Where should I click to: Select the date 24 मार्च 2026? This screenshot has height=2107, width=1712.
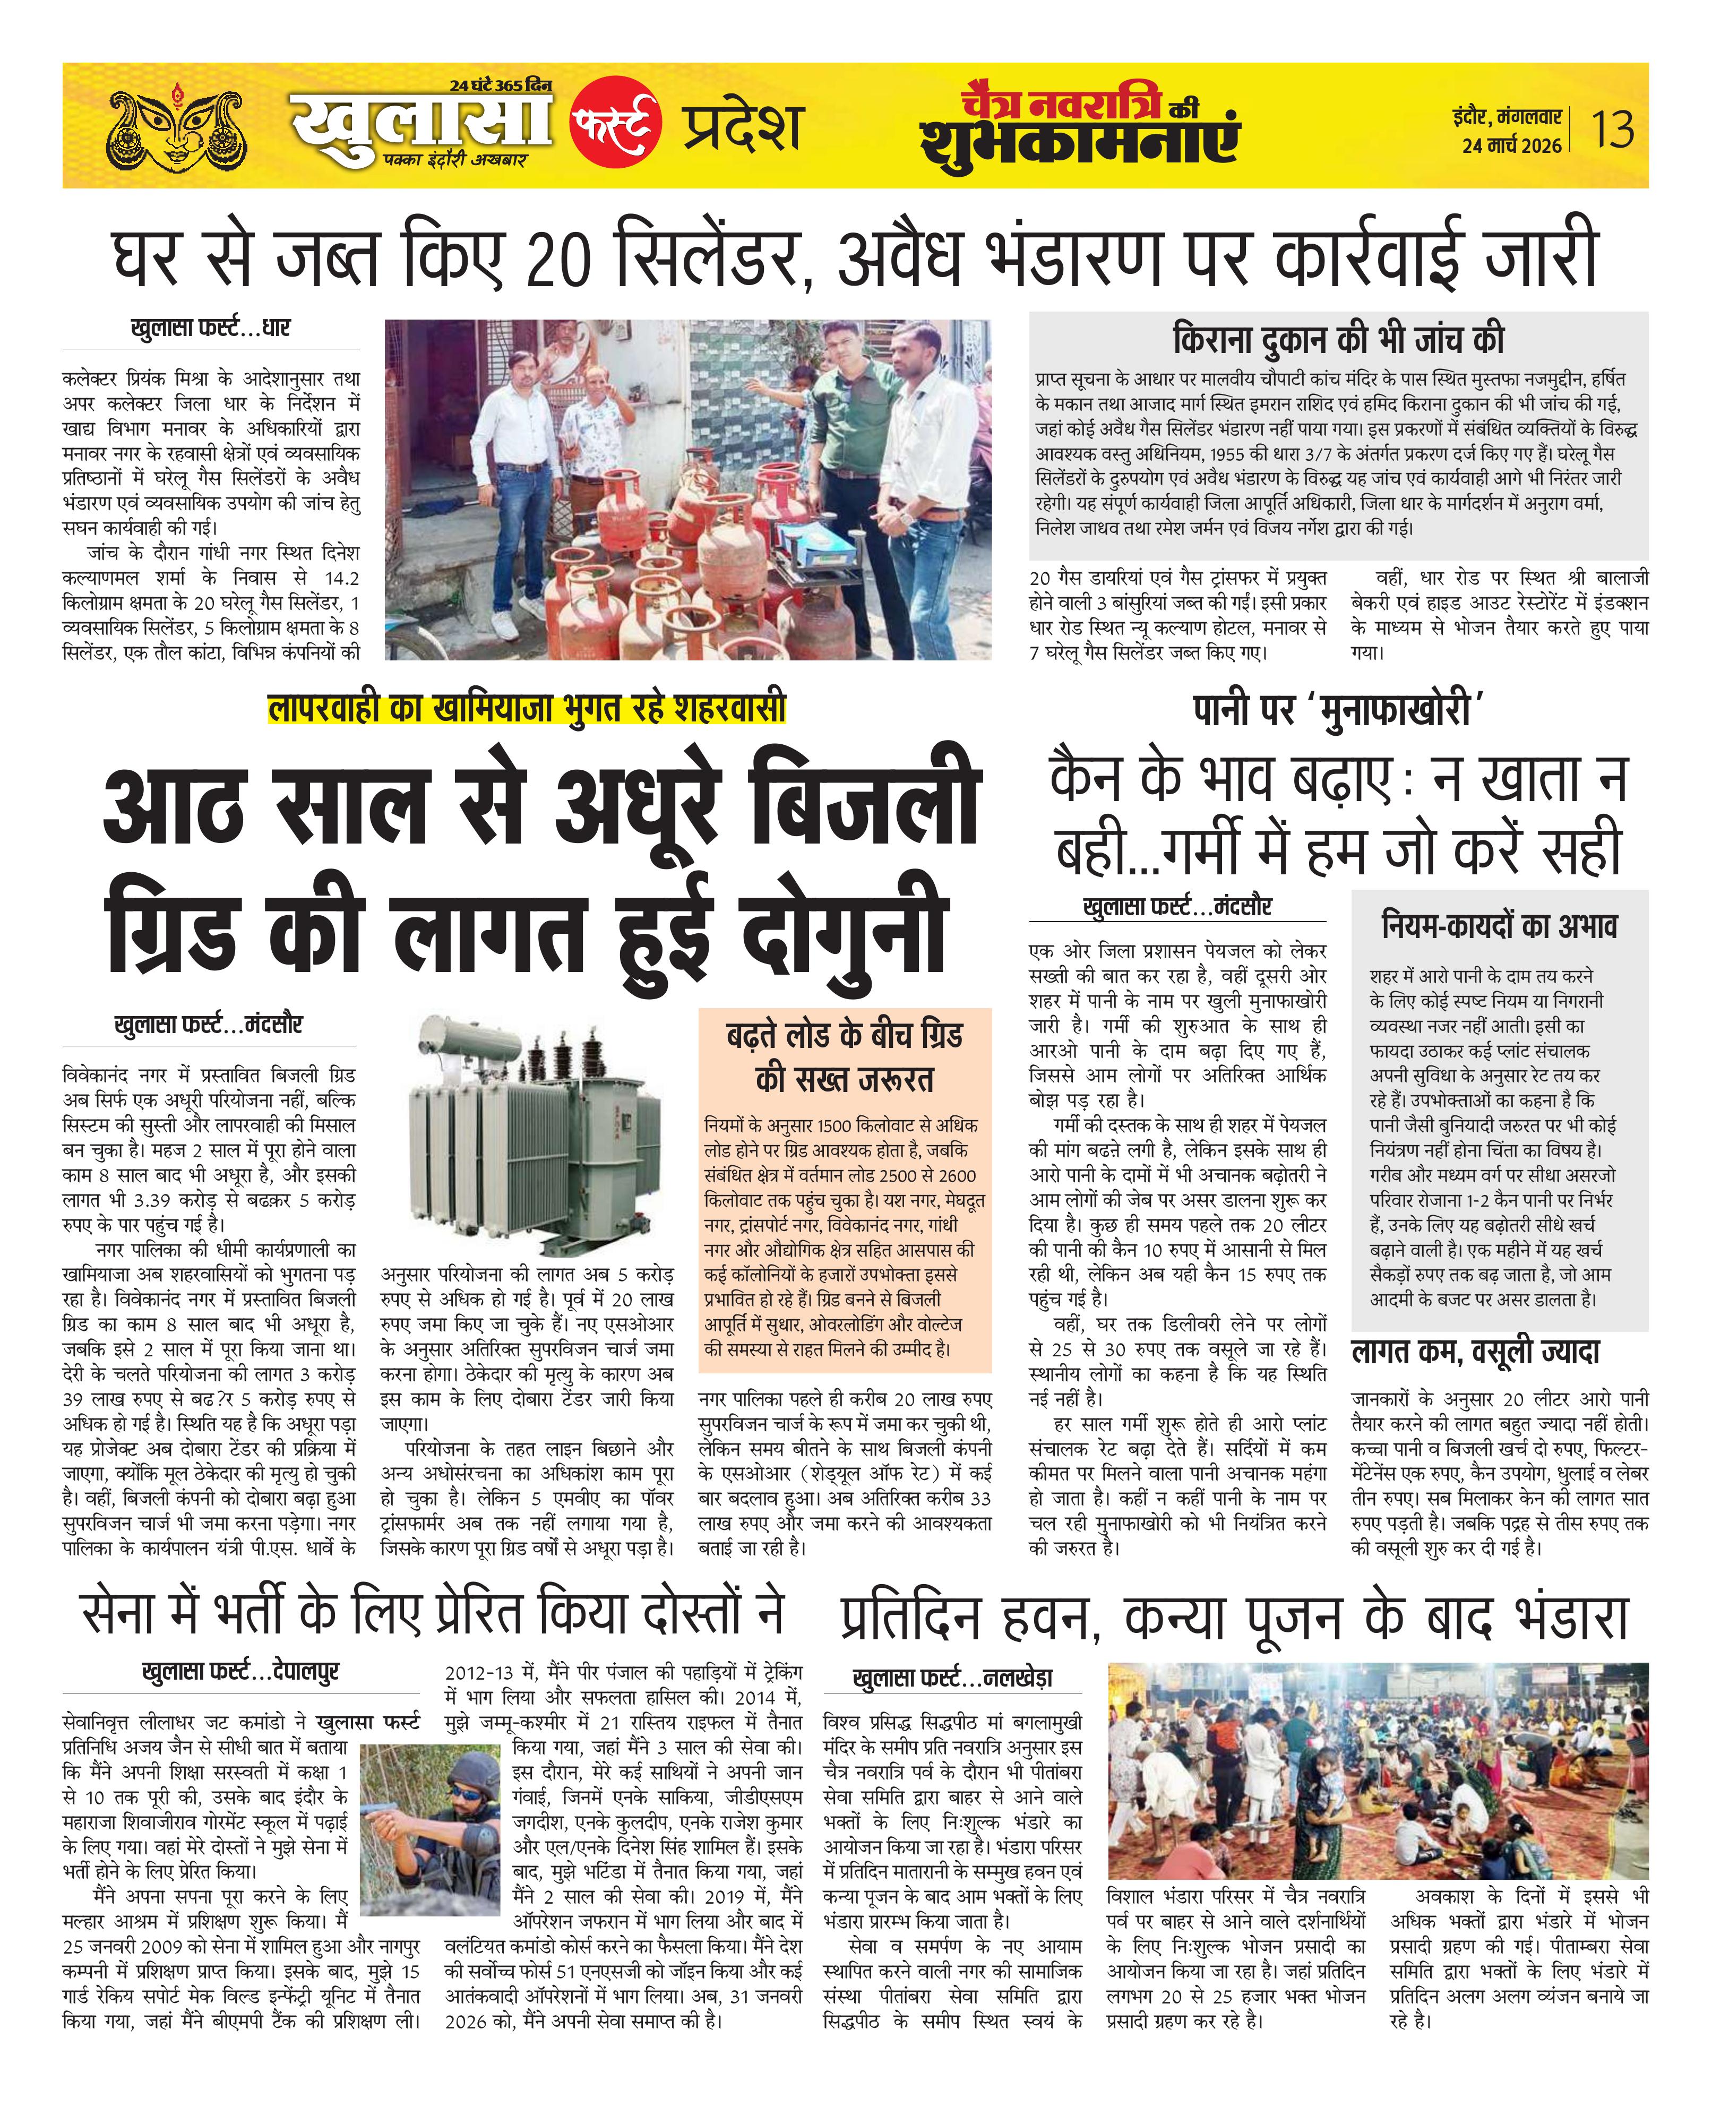click(1512, 146)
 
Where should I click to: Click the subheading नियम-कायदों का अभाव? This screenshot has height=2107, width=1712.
click(1498, 926)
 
